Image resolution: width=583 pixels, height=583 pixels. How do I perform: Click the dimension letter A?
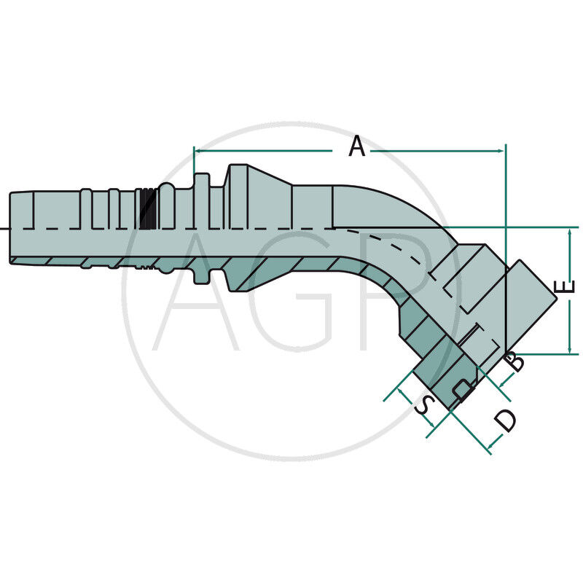coord(357,146)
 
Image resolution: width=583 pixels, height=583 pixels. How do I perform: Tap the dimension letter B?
coord(515,361)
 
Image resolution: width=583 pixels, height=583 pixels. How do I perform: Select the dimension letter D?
coord(505,420)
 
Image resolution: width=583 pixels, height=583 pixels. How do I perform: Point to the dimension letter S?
coord(425,405)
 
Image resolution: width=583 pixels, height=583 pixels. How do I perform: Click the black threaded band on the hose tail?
coord(148,209)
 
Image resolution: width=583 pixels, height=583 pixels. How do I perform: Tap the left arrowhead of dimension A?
coord(197,151)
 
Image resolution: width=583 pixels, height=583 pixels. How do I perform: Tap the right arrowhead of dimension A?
coord(501,151)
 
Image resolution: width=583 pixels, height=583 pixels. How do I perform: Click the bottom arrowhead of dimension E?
coord(569,351)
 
